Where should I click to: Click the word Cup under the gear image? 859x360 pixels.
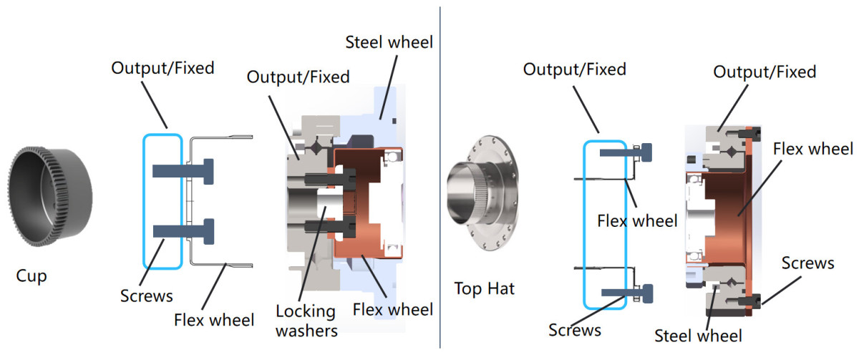coord(31,276)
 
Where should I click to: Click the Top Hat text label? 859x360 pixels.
coord(485,288)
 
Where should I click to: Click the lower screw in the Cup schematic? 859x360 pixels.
coord(185,231)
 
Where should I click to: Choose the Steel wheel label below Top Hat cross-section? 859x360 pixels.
coord(699,334)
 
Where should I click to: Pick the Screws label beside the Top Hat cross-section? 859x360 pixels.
coord(807,263)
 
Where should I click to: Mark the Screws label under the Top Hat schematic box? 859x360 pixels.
coord(574,330)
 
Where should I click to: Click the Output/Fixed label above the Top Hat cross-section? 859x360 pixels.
coord(765,72)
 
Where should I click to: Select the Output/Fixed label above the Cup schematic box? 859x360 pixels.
coord(162,69)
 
